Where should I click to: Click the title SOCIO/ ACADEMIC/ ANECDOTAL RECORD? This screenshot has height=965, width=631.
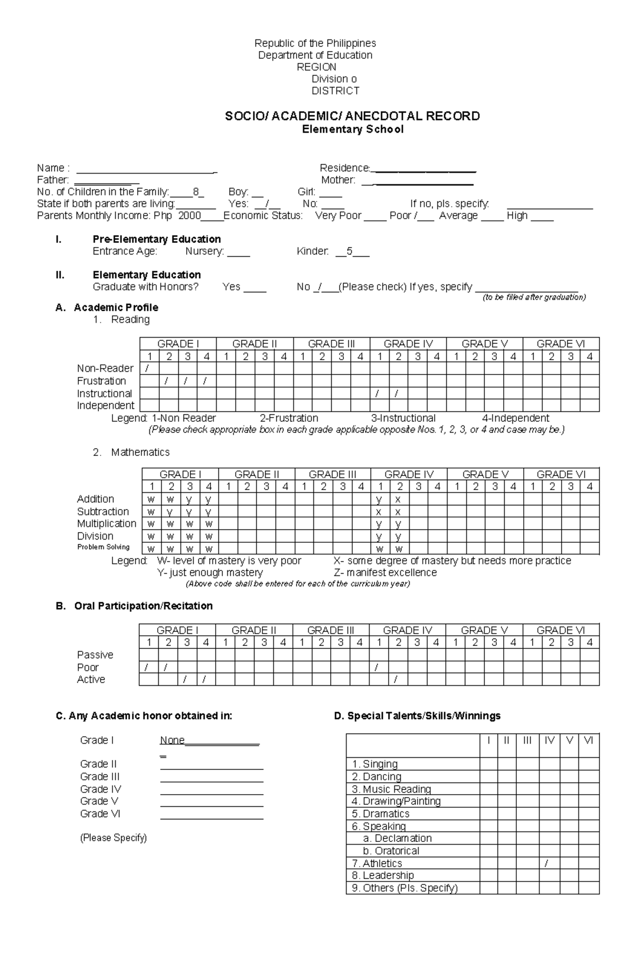pos(352,116)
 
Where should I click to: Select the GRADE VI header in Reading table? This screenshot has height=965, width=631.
pos(561,344)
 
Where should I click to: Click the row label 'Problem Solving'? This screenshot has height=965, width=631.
pos(103,547)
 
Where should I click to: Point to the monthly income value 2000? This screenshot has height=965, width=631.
pos(190,216)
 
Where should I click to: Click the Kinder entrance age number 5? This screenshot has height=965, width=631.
pos(349,251)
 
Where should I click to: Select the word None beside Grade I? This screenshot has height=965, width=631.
pos(172,740)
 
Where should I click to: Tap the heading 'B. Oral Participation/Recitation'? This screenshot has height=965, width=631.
pos(134,606)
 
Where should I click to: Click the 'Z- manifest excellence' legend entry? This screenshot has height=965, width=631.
pos(385,572)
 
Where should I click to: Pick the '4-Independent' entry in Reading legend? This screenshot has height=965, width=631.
pos(515,418)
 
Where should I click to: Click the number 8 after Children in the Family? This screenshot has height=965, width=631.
pos(196,192)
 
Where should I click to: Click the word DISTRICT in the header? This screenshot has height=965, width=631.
pos(335,90)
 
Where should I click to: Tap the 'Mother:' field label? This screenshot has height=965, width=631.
pos(338,180)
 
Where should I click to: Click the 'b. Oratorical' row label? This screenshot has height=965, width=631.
pos(391,851)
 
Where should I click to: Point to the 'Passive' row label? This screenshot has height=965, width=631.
pos(95,655)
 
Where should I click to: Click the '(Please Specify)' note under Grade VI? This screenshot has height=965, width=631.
pos(113,838)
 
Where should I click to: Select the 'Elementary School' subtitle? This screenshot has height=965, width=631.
pos(352,129)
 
